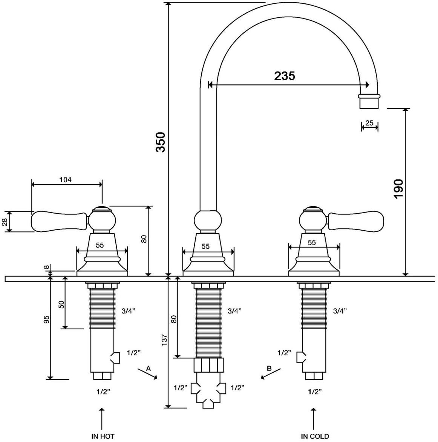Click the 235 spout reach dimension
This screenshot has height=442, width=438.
coord(285,76)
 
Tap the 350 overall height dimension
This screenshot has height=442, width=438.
coord(161,142)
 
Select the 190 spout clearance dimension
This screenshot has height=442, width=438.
coord(398,189)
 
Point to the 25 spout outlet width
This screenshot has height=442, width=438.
coord(369,123)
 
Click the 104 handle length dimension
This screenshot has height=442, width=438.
coord(65,179)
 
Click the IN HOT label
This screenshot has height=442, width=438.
coord(103,436)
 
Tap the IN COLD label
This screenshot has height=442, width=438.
coord(315,436)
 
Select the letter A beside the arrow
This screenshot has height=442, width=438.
coord(149,368)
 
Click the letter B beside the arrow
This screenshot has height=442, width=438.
coord(269,368)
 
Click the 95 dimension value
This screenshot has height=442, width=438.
coord(46,320)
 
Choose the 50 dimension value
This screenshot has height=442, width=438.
coord(61,304)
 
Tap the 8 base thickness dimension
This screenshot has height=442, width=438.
coord(47,268)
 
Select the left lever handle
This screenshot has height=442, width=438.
coord(60,221)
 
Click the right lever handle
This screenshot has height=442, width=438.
coord(355,221)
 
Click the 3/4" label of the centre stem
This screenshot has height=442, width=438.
coord(234,311)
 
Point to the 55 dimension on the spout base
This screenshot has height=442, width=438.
coord(205,246)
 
